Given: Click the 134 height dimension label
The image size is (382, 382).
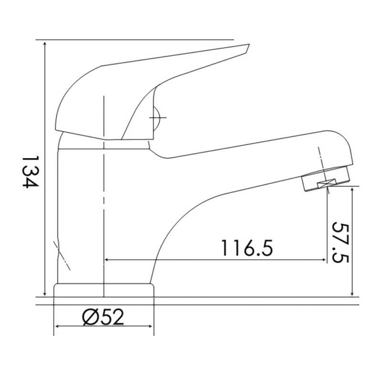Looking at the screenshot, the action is pyautogui.click(x=30, y=172).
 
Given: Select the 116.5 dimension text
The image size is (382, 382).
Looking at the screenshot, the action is pyautogui.click(x=247, y=248).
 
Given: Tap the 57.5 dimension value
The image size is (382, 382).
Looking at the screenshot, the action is pyautogui.click(x=341, y=242).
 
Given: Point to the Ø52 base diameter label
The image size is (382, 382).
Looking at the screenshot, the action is pyautogui.click(x=103, y=317).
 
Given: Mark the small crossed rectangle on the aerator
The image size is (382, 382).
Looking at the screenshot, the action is pyautogui.click(x=327, y=184).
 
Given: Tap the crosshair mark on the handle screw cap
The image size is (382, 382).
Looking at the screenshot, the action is pyautogui.click(x=158, y=118).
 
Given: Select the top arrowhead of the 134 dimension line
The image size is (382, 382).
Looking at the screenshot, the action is pyautogui.click(x=44, y=44).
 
